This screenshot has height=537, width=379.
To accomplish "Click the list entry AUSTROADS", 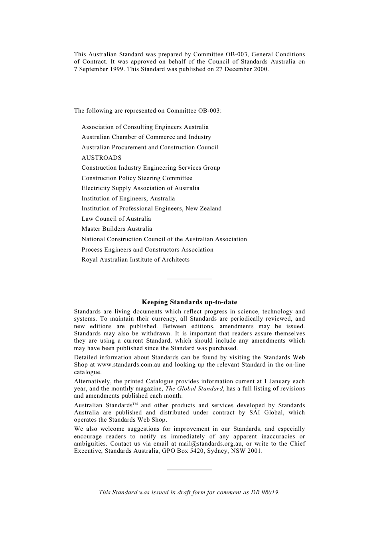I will (x=101, y=158).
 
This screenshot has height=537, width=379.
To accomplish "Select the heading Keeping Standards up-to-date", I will (x=189, y=302).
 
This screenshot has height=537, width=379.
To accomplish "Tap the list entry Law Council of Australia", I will (x=116, y=219).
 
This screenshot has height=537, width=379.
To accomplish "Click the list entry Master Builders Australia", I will (x=116, y=229).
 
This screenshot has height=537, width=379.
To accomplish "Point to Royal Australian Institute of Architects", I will (x=135, y=260).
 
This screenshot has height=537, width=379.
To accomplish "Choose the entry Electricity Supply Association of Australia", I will (x=140, y=188).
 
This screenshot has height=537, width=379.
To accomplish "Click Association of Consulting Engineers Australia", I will (x=145, y=127).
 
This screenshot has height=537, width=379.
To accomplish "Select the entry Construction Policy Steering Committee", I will (x=136, y=178).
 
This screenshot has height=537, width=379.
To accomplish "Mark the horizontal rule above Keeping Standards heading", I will (x=189, y=279).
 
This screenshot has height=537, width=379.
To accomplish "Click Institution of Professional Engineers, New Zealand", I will (x=151, y=208).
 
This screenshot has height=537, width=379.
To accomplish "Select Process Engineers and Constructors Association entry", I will (x=147, y=250).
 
